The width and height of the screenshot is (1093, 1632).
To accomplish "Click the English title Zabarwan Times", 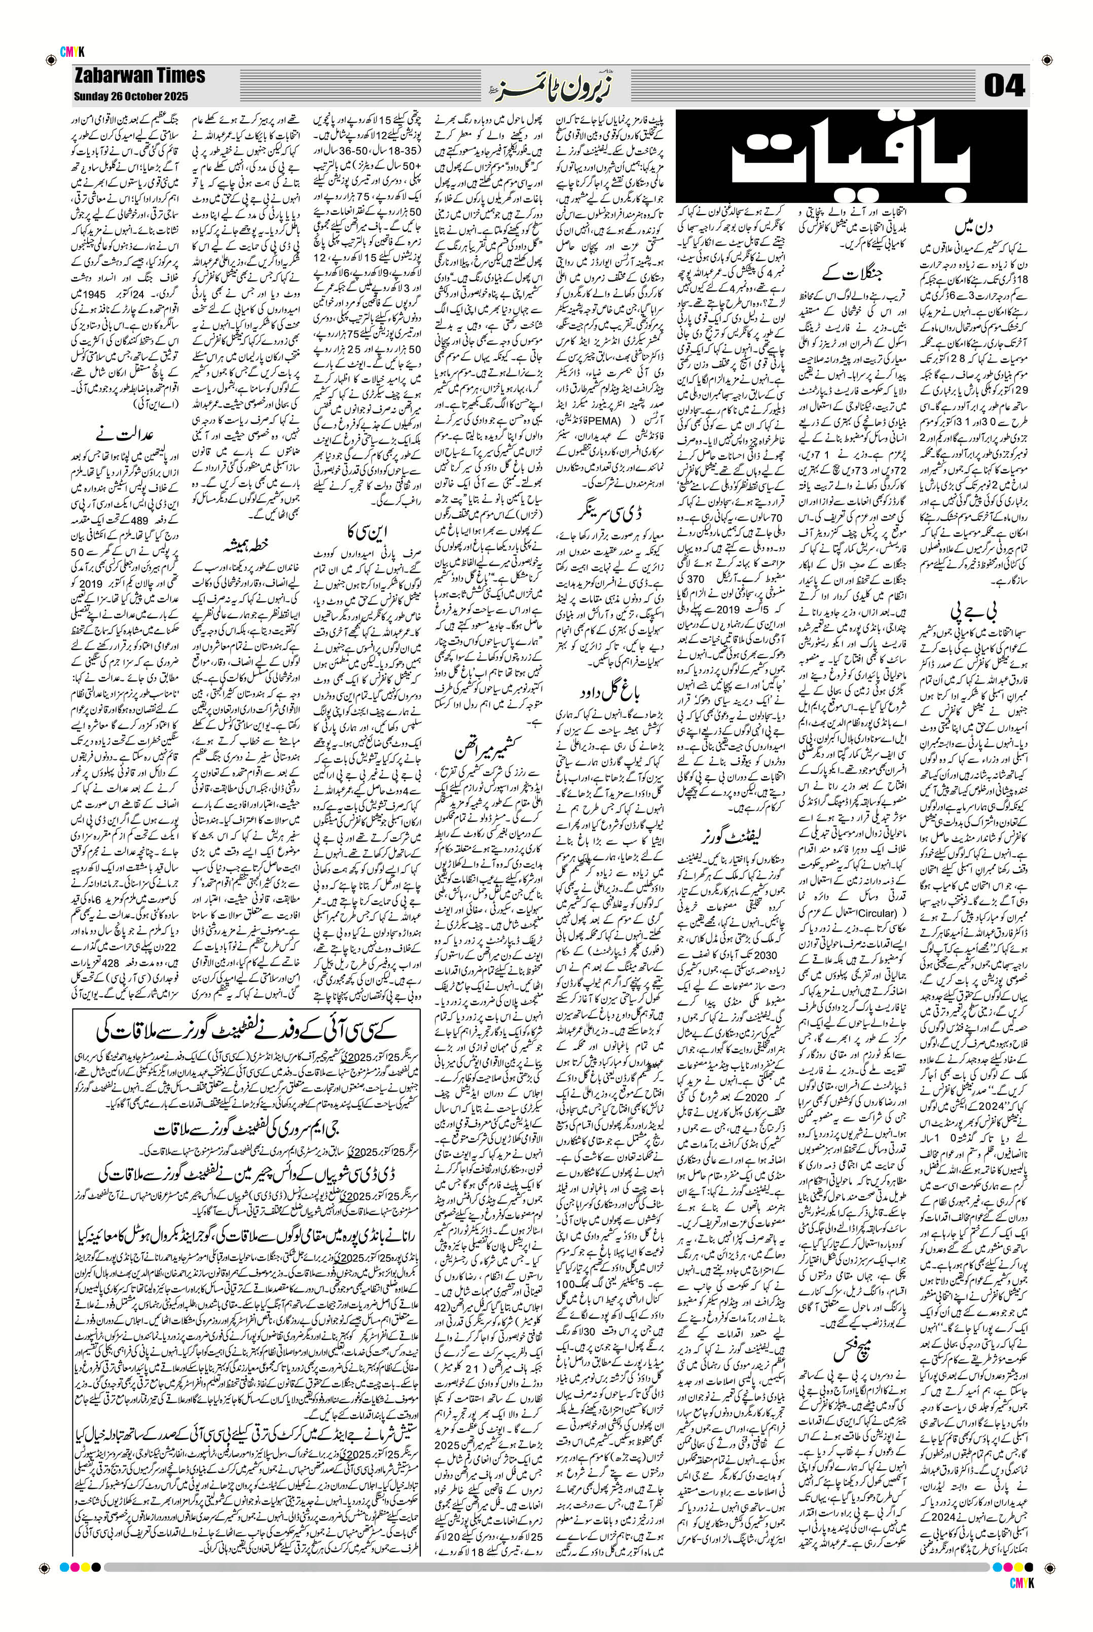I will (x=140, y=76).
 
